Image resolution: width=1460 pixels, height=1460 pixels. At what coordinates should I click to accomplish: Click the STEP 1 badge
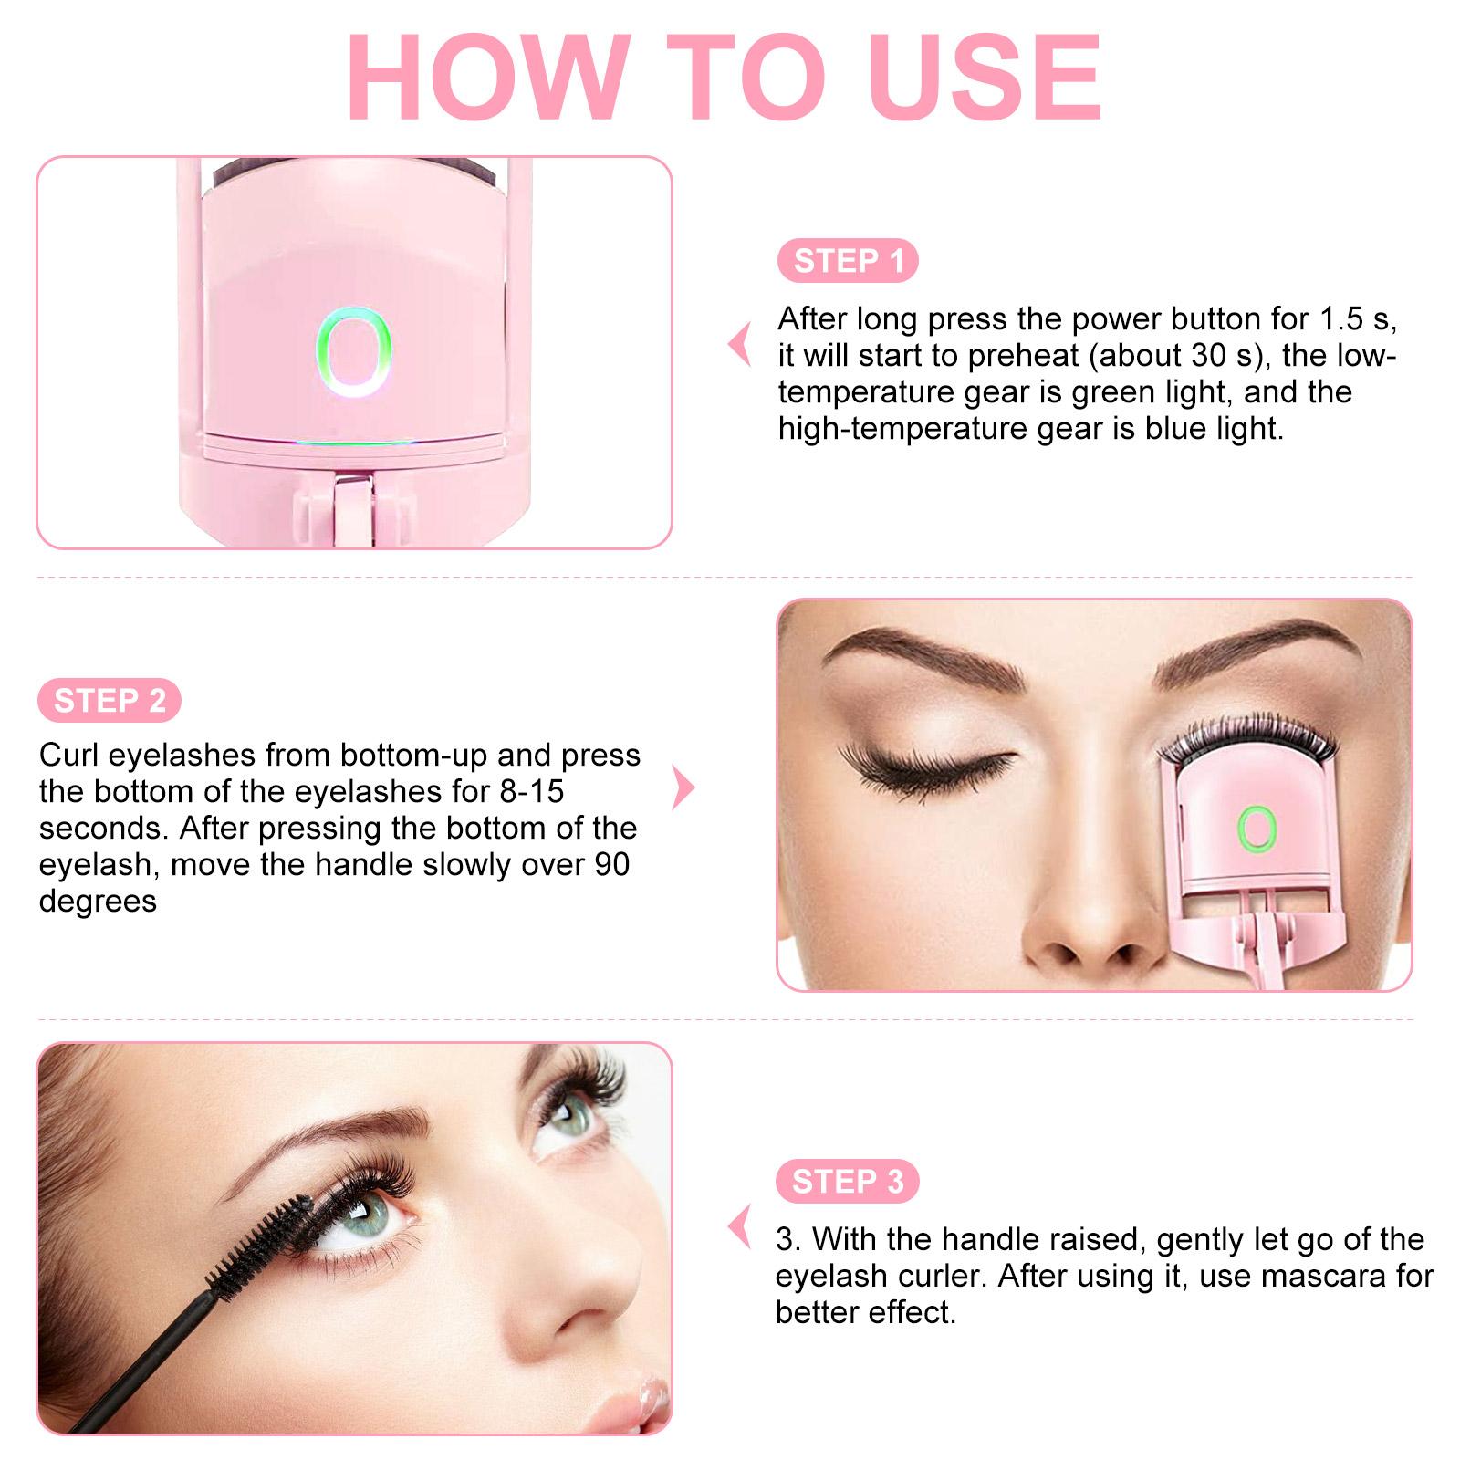(x=848, y=261)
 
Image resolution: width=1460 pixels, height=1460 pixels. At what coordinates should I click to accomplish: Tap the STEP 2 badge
(x=109, y=701)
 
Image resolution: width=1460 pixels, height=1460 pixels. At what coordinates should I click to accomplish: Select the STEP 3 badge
(x=847, y=1182)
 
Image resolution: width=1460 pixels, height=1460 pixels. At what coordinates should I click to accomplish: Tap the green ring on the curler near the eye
(x=1257, y=829)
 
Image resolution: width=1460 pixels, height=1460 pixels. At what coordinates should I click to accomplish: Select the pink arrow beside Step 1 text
(x=740, y=345)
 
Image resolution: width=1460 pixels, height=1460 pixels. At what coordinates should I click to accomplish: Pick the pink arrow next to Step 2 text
(x=683, y=787)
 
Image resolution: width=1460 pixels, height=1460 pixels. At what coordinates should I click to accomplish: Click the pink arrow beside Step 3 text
(x=740, y=1226)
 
